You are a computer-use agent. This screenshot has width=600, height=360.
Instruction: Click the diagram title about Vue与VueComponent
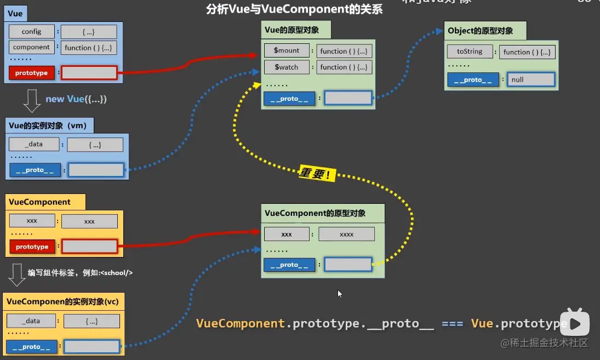click(x=294, y=9)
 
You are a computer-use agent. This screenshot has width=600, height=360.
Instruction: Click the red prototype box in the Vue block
click(x=32, y=73)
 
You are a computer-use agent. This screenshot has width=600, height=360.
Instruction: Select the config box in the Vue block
click(x=32, y=32)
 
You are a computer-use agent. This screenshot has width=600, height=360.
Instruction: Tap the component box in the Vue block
click(x=32, y=47)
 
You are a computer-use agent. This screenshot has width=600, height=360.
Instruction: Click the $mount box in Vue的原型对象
click(x=287, y=50)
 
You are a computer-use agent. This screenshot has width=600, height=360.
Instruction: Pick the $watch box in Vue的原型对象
click(x=287, y=67)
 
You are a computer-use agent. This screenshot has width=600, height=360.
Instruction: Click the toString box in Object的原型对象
click(x=470, y=52)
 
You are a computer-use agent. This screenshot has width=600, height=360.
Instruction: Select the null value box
click(x=531, y=79)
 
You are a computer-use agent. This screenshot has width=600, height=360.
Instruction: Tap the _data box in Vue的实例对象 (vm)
click(x=34, y=144)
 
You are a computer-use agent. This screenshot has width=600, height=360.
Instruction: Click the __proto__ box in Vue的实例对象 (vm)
click(x=35, y=170)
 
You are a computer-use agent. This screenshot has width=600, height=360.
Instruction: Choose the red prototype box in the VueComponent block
click(x=32, y=247)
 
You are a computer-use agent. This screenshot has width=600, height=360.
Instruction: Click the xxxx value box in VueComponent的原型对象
click(x=346, y=234)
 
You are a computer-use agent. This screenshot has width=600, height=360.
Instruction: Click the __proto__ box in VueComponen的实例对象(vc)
click(x=32, y=346)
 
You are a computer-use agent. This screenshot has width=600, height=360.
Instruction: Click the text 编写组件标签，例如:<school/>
click(x=81, y=272)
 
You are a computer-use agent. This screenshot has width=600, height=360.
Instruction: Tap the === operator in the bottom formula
click(x=453, y=323)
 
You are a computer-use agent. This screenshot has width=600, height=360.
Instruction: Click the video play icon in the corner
click(x=576, y=323)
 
